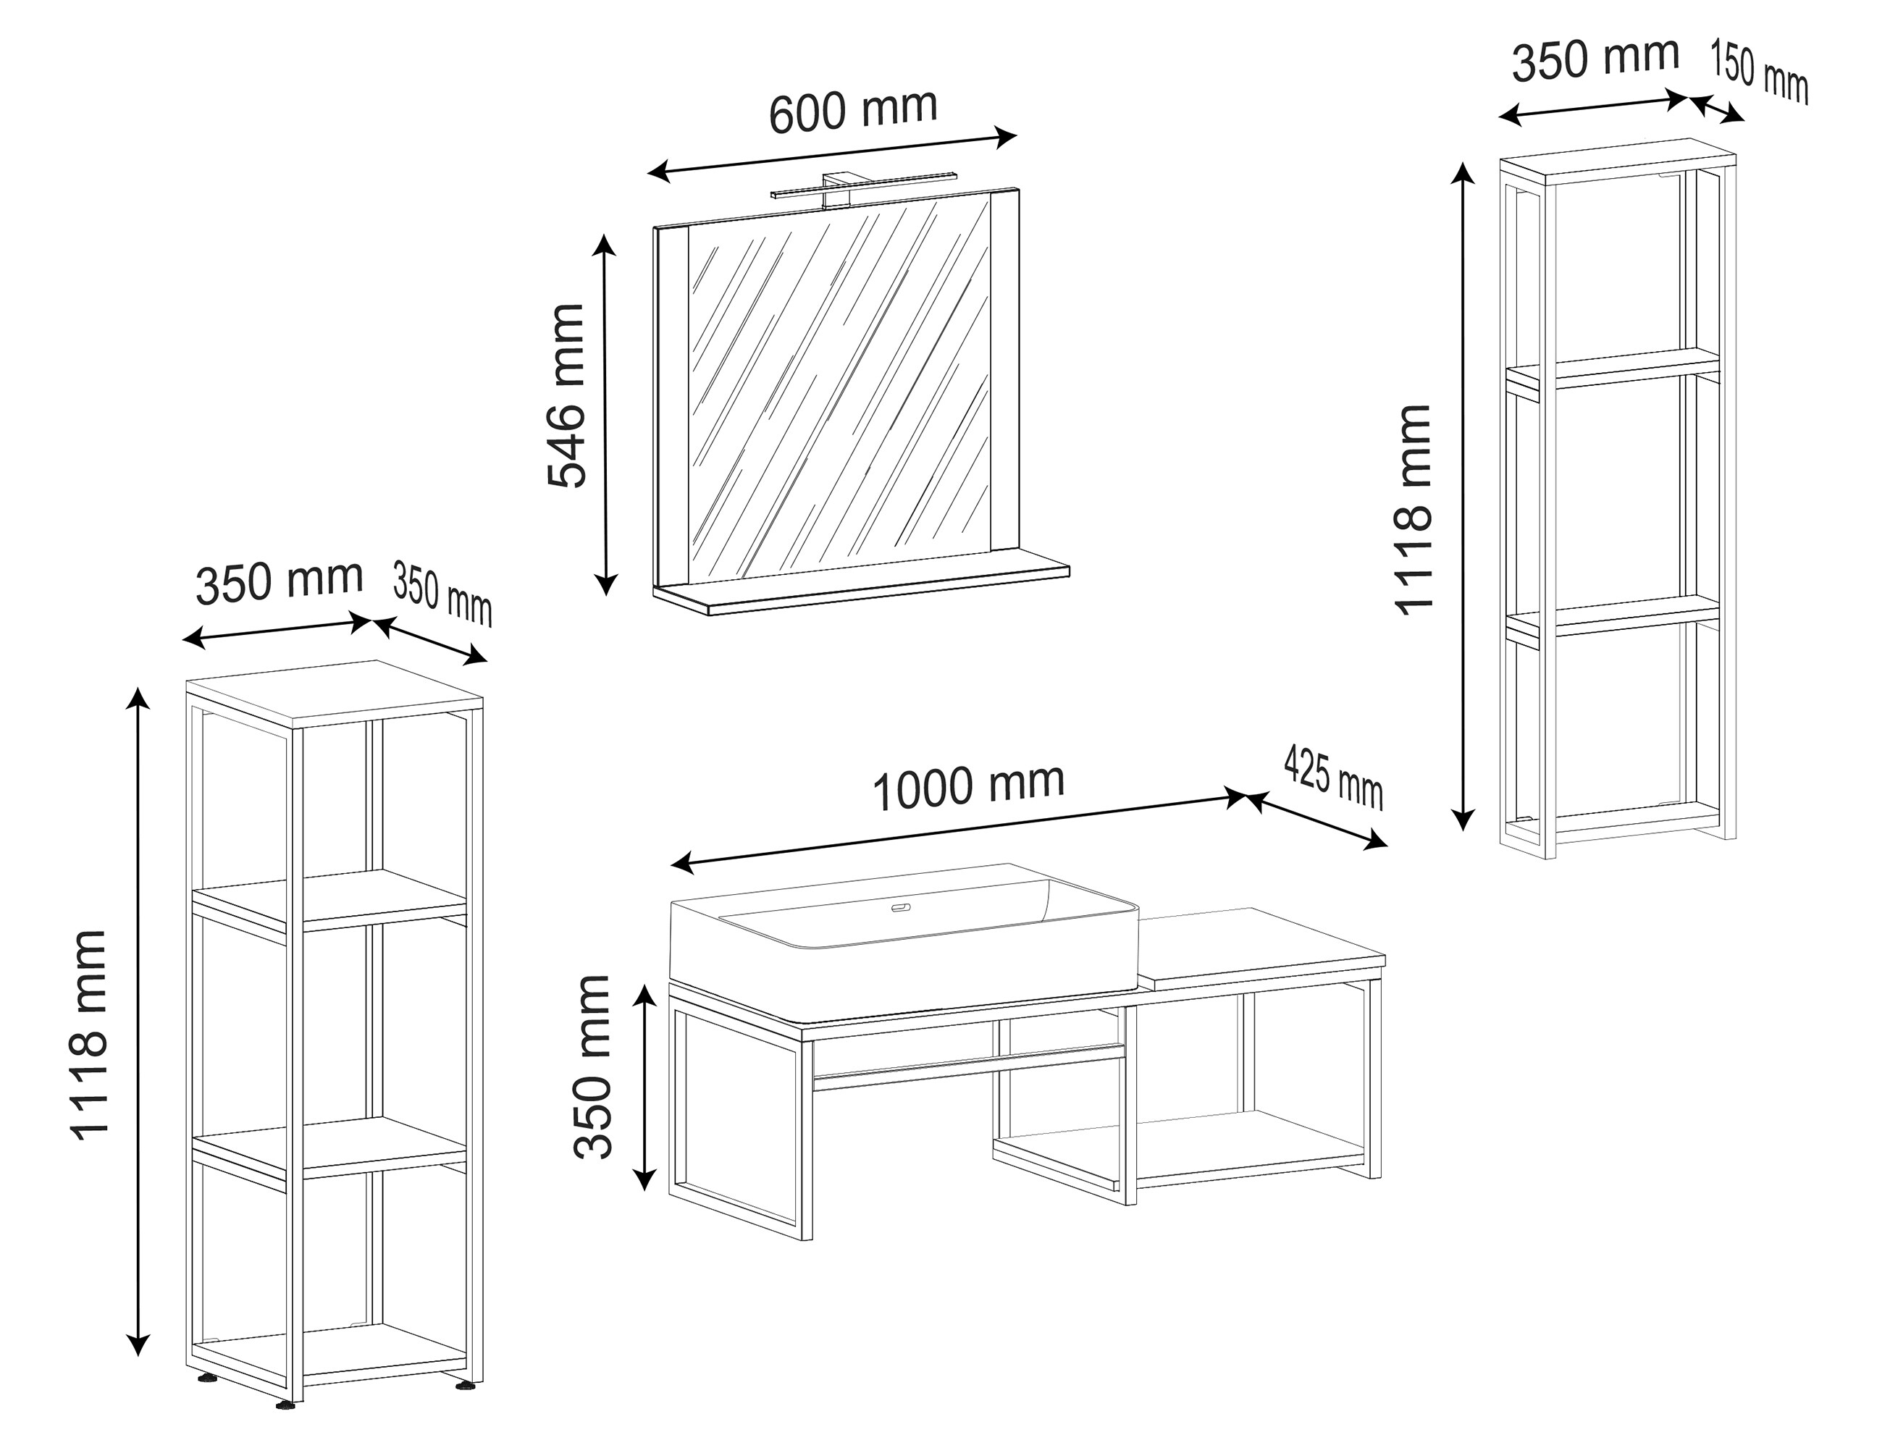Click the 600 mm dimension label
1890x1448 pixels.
click(x=852, y=111)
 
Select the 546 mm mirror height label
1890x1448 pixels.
click(x=567, y=395)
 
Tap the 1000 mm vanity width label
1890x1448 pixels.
click(x=969, y=786)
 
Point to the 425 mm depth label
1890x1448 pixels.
click(x=1333, y=778)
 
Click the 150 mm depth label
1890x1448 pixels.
click(x=1759, y=72)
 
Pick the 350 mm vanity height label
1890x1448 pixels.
click(x=593, y=1066)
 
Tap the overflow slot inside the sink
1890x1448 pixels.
click(x=902, y=906)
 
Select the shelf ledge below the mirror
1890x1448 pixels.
click(x=862, y=586)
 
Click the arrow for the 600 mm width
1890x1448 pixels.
click(x=833, y=155)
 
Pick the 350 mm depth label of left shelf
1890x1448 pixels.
click(x=443, y=593)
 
